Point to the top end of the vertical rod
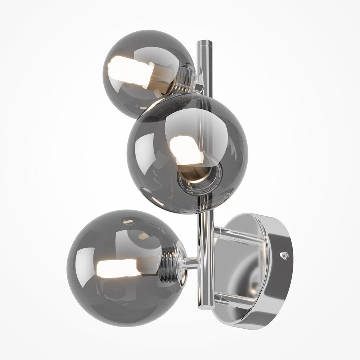pyautogui.click(x=204, y=44)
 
